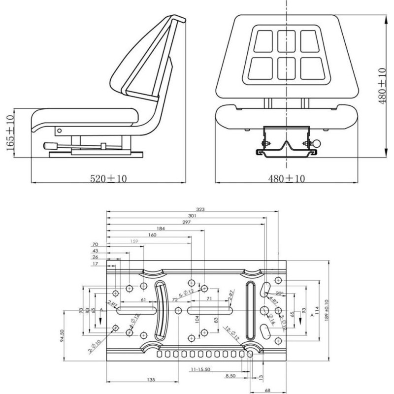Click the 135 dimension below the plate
click(x=151, y=379)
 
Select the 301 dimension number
click(x=192, y=216)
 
